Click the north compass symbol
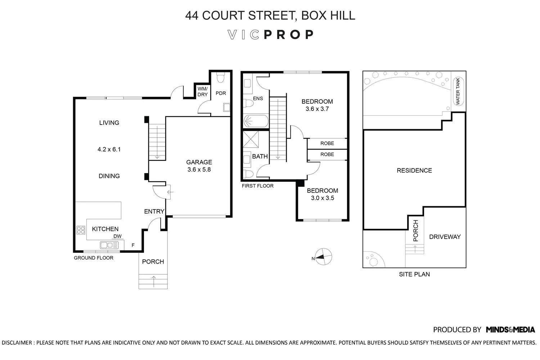[323, 257]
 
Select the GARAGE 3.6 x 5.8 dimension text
[199, 170]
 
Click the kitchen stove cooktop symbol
[81, 230]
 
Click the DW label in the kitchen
[117, 237]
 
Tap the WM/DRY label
[203, 91]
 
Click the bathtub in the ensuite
[256, 121]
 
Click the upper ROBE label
[327, 143]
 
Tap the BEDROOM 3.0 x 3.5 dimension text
[322, 198]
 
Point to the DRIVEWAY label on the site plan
[445, 237]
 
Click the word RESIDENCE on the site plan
[414, 171]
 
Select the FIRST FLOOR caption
[257, 186]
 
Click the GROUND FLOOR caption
[93, 258]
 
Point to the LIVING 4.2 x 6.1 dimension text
[109, 149]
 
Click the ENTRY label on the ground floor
[154, 212]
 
